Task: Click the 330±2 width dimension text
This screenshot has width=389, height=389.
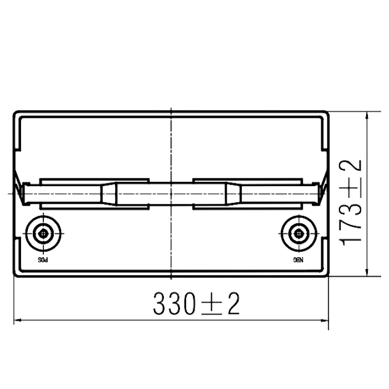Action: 196,303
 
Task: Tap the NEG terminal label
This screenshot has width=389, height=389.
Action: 298,260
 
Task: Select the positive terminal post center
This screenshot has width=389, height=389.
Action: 43,233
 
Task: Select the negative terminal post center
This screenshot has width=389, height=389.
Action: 299,233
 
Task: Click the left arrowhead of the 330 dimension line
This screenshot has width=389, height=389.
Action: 17,321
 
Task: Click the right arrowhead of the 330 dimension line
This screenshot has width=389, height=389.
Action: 325,321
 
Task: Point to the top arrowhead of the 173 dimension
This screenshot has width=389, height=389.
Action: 367,116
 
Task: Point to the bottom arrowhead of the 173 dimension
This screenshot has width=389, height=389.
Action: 367,272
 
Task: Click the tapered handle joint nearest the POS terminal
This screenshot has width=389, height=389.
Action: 108,194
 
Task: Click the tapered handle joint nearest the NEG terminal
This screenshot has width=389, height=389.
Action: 233,194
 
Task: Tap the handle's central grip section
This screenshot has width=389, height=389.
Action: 171,194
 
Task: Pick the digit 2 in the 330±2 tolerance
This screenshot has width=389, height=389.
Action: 234,303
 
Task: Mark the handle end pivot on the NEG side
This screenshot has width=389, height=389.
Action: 316,194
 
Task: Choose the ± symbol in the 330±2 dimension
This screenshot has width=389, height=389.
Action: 212,305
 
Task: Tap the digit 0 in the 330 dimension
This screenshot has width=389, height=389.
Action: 188,303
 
